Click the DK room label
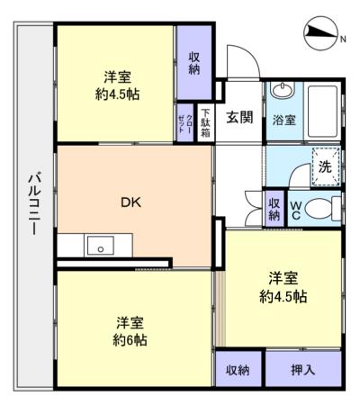click(x=130, y=202)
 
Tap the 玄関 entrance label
click(x=239, y=117)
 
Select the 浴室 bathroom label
click(x=284, y=120)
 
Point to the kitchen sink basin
click(x=100, y=246)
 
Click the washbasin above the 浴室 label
click(x=283, y=89)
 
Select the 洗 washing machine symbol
click(x=326, y=166)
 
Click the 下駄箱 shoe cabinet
click(x=205, y=123)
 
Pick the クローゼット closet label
click(x=185, y=123)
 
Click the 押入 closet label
click(x=303, y=370)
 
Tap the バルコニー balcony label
click(x=34, y=202)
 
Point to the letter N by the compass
click(x=343, y=39)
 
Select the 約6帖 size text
click(x=130, y=340)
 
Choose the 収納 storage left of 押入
click(x=238, y=370)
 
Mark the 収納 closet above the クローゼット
click(x=194, y=63)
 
